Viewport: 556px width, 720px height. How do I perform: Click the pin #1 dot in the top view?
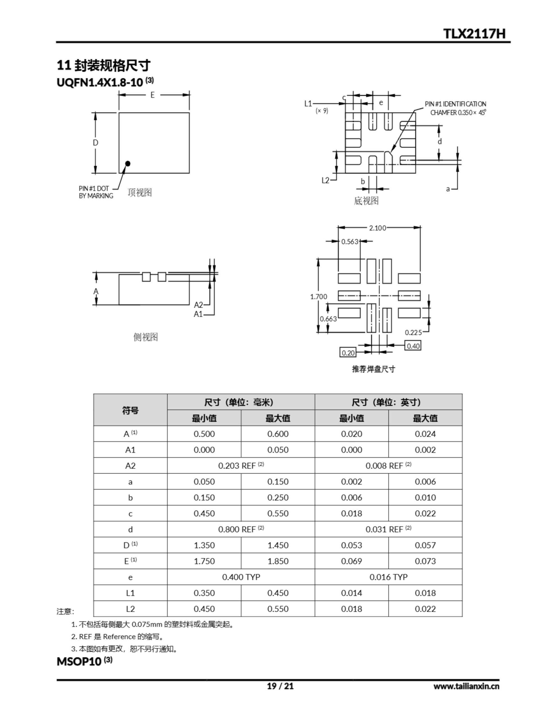coord(128,163)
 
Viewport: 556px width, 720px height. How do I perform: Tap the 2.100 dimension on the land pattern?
coord(378,228)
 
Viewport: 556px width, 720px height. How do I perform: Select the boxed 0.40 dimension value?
coord(413,346)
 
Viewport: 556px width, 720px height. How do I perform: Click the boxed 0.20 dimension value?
coord(348,353)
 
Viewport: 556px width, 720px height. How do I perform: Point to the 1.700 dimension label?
coord(318,296)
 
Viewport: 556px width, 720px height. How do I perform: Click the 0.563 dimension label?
coord(349,242)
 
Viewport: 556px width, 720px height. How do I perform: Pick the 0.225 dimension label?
coord(413,332)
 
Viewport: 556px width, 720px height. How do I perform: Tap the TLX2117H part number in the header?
coord(474,34)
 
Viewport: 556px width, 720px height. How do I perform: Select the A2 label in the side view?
coord(198,305)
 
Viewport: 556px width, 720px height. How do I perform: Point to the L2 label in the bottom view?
coord(325,180)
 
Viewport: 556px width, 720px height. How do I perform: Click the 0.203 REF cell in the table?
coord(241,465)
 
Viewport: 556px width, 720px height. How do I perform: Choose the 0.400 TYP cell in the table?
coord(241,577)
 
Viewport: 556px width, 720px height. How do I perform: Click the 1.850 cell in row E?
coord(278,561)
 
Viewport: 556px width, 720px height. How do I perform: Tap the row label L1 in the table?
coord(130,593)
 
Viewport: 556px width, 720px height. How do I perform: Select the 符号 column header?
coord(130,410)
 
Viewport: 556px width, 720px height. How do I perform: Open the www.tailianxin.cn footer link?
coord(466,686)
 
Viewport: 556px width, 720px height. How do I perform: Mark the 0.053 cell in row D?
coord(351,545)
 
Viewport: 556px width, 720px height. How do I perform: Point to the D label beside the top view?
coord(95,143)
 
